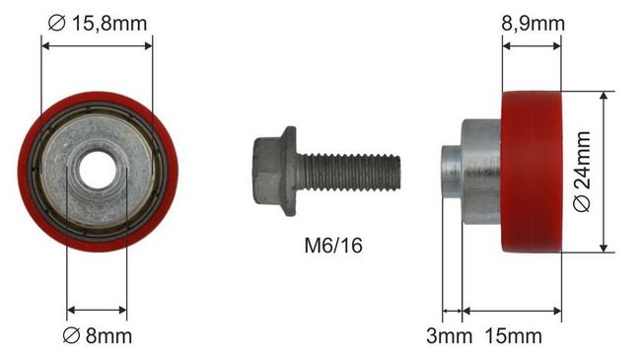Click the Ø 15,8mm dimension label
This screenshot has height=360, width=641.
click(98, 24)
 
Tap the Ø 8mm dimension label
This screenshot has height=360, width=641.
click(98, 336)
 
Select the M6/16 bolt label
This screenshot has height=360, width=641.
click(333, 246)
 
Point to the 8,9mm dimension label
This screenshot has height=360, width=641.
click(534, 24)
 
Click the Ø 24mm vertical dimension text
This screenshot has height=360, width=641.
click(582, 172)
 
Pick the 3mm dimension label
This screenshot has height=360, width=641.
click(449, 336)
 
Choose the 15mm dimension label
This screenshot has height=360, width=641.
click(514, 336)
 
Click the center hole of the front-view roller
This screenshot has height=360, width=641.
click(97, 171)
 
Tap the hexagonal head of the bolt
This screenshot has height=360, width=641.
click(267, 171)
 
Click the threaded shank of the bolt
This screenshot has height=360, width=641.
click(348, 173)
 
